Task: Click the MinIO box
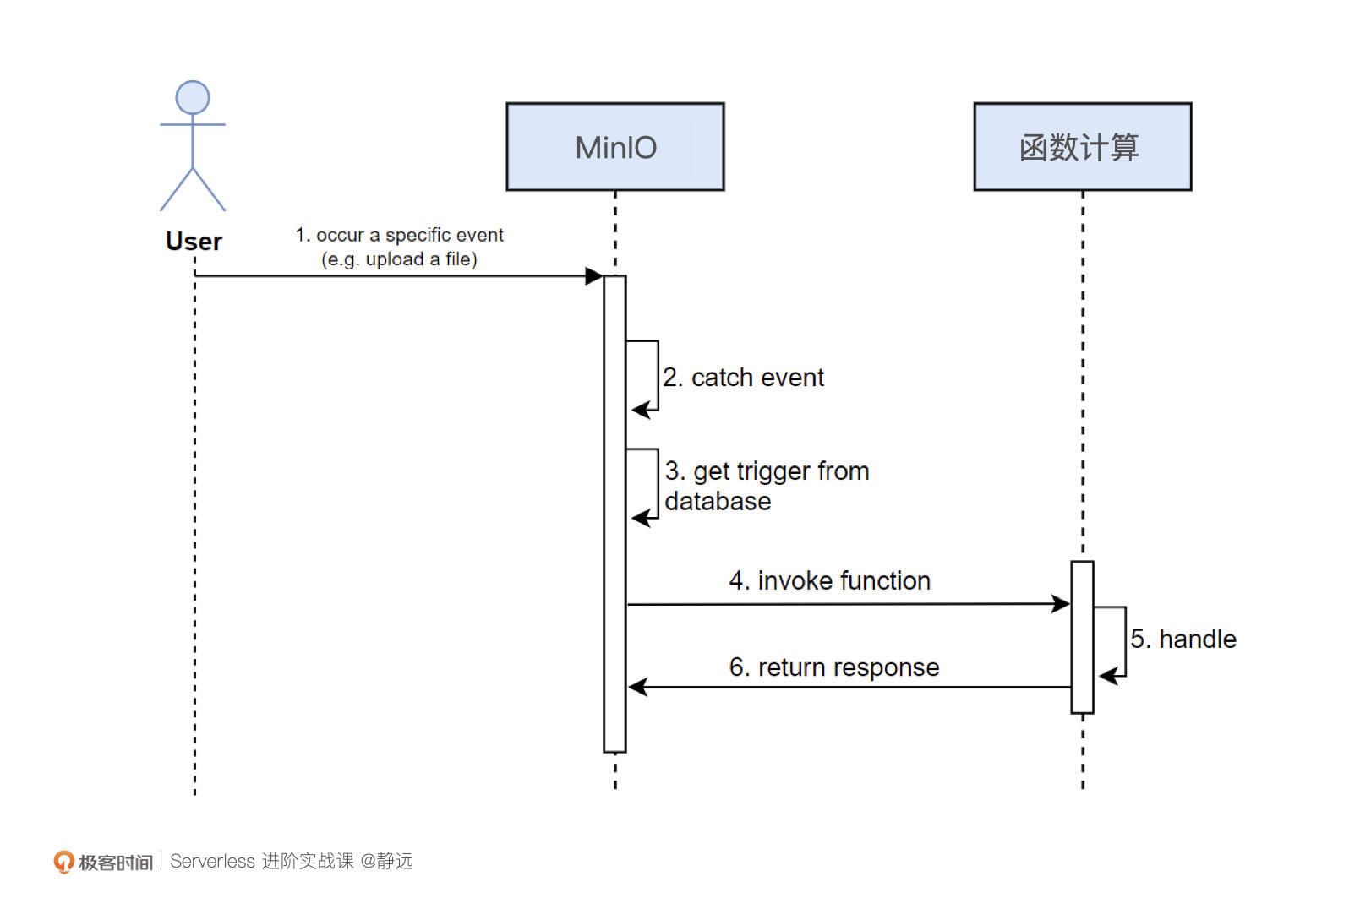[614, 147]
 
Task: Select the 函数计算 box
[1082, 147]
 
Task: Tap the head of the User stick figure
[193, 98]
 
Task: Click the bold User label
[194, 242]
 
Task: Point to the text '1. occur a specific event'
[399, 235]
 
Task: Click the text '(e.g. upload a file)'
[399, 259]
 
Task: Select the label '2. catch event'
[743, 378]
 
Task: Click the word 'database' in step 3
[718, 502]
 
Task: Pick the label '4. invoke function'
[829, 581]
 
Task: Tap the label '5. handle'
[1183, 639]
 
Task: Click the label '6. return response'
[834, 667]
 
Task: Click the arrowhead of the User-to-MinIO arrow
[594, 276]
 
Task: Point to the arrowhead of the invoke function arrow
[1061, 604]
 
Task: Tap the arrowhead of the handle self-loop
[1108, 676]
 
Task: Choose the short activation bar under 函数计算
[1082, 637]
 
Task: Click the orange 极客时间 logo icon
[63, 862]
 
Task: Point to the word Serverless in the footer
[212, 862]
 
